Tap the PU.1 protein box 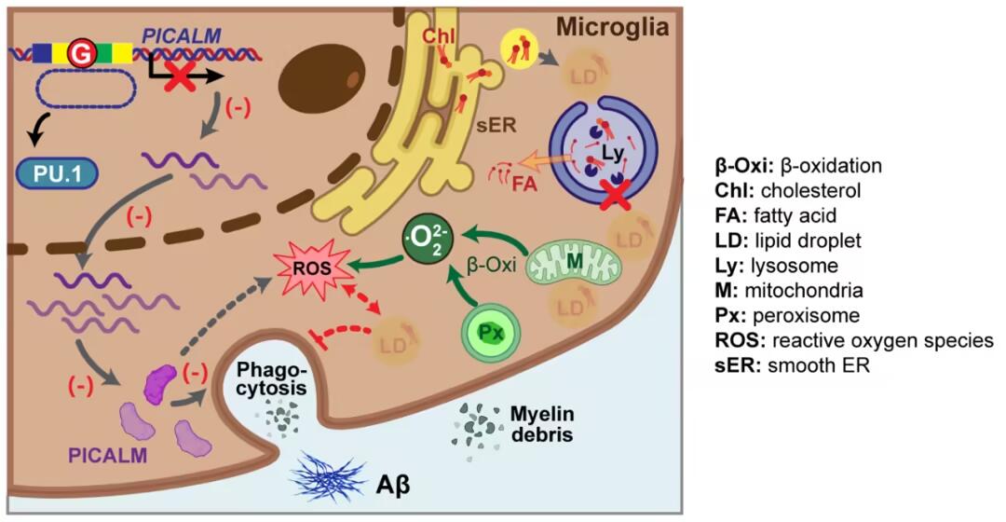point(57,172)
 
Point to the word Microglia point(612,27)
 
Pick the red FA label point(525,185)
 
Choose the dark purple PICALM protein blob point(160,382)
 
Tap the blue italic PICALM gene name point(182,35)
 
